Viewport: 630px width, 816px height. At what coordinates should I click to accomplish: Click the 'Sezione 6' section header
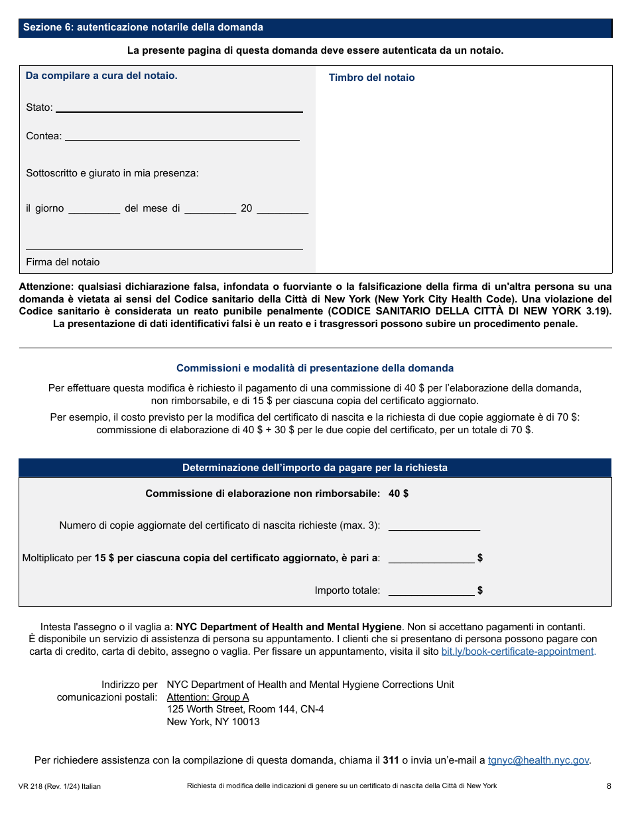click(x=143, y=27)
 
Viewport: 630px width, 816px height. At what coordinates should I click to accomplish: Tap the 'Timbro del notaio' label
click(x=371, y=78)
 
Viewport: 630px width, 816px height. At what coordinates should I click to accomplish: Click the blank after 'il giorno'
click(x=94, y=208)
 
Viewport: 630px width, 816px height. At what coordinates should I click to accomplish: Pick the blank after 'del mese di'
click(x=210, y=208)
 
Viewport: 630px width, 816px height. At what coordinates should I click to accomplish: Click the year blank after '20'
click(x=282, y=208)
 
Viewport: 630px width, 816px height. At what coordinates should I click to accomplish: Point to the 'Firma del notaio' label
click(x=63, y=262)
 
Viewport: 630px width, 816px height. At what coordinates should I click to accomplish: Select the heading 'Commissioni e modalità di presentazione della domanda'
click(x=315, y=368)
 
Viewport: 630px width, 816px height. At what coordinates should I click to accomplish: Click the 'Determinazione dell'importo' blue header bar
click(x=315, y=468)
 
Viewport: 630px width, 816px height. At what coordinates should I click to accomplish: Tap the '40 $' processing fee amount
click(x=399, y=494)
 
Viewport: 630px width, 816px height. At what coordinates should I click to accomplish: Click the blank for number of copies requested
click(x=434, y=525)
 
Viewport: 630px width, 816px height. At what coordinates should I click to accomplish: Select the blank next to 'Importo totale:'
click(x=431, y=590)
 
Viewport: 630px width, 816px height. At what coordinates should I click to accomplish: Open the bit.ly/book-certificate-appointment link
click(x=518, y=651)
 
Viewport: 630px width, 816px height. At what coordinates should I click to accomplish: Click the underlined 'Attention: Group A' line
click(x=208, y=697)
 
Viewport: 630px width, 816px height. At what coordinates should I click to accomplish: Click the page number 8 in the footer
click(x=608, y=786)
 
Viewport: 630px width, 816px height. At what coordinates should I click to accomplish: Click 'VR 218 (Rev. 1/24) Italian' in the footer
click(x=60, y=786)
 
